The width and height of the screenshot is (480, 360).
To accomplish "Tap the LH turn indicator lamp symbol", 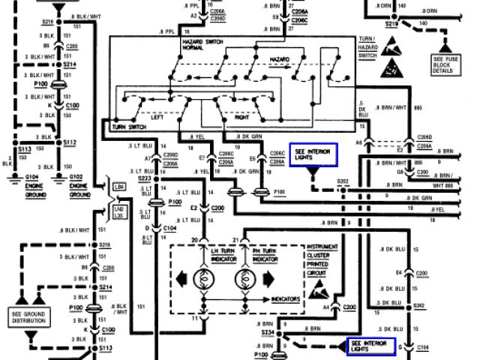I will [202, 279].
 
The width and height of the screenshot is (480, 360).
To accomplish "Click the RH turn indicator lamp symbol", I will [244, 279].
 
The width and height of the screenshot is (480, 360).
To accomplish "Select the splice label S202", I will [343, 181].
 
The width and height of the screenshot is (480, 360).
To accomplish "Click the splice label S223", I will [145, 178].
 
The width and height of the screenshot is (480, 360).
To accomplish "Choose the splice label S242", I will [418, 307].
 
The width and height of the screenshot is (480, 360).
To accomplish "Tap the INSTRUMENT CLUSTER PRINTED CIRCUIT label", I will [322, 258].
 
